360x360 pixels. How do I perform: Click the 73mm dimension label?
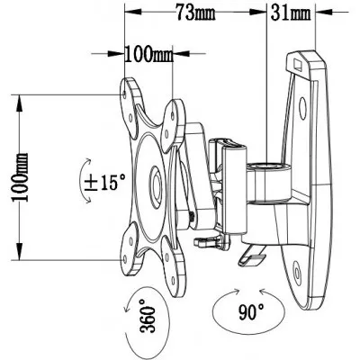(195, 13)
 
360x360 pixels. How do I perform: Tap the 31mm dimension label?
(291, 13)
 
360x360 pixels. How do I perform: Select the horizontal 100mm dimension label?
(149, 54)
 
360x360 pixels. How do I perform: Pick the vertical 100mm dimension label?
(20, 177)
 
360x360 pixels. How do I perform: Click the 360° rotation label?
(147, 316)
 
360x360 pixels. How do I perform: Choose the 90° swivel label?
(252, 311)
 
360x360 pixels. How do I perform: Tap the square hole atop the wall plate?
(298, 64)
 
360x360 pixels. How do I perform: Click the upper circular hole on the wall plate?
(302, 107)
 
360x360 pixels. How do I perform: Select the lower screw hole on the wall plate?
(297, 272)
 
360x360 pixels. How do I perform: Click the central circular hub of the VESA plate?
(156, 188)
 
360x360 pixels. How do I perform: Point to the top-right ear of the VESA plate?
(174, 123)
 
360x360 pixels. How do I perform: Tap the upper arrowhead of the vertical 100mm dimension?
(20, 103)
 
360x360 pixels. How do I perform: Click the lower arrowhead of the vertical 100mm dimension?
(20, 251)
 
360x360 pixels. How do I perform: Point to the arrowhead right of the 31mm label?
(324, 13)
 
